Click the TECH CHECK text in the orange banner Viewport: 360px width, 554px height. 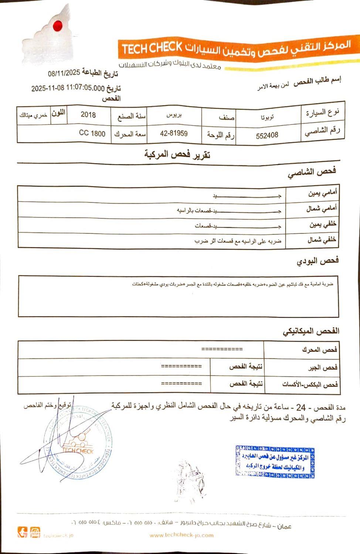point(152,48)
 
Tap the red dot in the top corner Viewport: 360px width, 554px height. point(57,25)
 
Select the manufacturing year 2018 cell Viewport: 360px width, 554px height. point(88,115)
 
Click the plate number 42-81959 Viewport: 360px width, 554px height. point(174,133)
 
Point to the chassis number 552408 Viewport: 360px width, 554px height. point(267,135)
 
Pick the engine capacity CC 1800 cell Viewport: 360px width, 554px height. point(92,133)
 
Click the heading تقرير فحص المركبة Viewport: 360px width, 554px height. point(177,155)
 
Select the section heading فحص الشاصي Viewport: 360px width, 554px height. point(312,172)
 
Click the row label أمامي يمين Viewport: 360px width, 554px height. point(322,193)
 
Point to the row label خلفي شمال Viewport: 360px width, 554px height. point(322,240)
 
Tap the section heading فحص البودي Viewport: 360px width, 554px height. point(318,261)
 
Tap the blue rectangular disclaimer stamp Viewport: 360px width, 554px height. point(275,462)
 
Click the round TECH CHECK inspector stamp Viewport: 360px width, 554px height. point(78,443)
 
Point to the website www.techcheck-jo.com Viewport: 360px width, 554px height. point(181,535)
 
